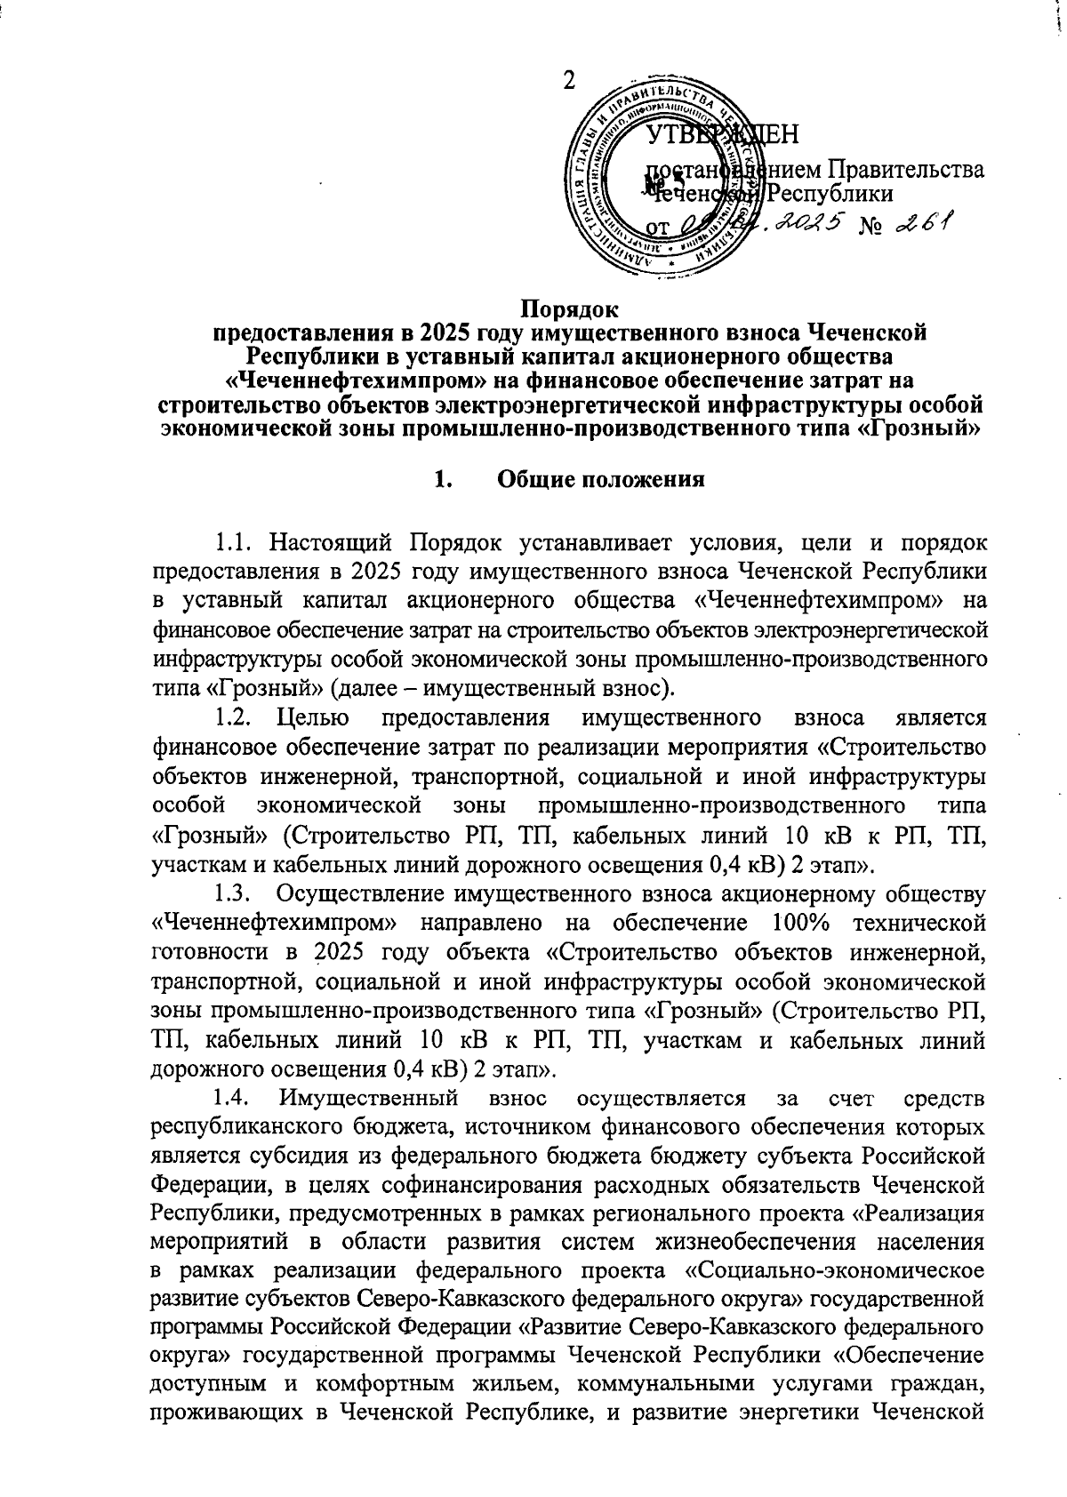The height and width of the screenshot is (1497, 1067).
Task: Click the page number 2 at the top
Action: (567, 82)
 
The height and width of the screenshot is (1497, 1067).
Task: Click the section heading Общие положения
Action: (601, 480)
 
